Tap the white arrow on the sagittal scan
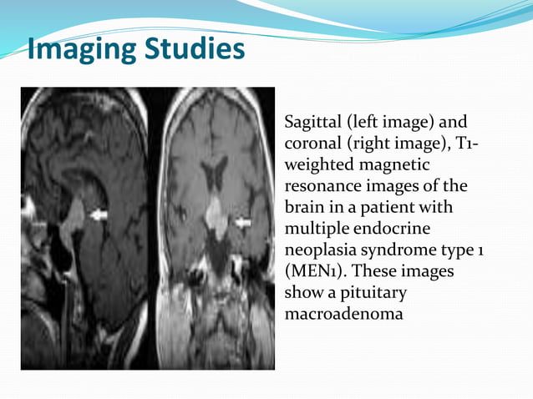[99, 215]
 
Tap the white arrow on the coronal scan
[244, 223]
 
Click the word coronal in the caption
[312, 144]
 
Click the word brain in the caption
[304, 206]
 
